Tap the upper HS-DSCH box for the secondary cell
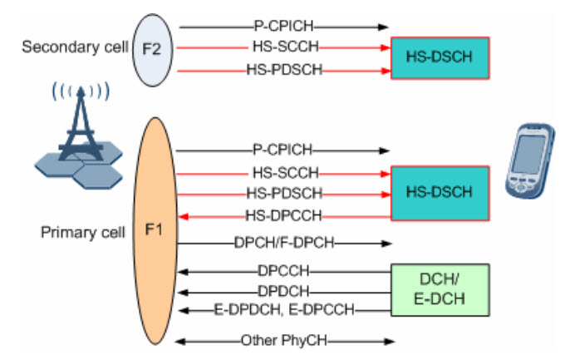tap(440, 57)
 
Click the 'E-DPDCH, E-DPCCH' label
tap(283, 310)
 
